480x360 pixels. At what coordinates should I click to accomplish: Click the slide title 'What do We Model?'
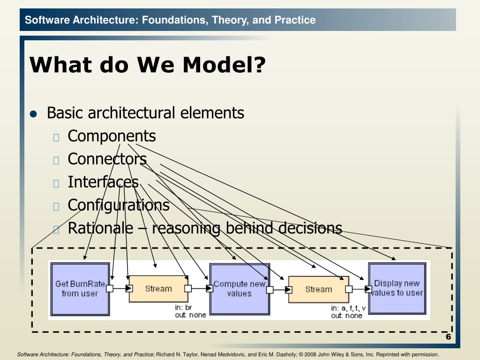tap(148, 65)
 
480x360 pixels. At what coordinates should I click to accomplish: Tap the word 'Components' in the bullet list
tap(112, 136)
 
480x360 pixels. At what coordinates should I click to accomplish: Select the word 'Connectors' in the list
tap(107, 159)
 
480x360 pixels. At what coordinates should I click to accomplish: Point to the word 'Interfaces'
tap(103, 182)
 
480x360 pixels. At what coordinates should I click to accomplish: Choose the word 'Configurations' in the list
tap(119, 205)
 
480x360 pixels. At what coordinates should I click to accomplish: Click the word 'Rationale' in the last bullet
tap(100, 228)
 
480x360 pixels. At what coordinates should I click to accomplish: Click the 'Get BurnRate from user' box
tap(80, 289)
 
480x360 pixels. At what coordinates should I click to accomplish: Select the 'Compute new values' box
tap(240, 289)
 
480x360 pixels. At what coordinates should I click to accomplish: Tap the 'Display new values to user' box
tap(397, 288)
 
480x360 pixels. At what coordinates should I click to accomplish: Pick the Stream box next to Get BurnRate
tap(158, 289)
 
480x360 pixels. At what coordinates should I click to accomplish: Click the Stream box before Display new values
tap(319, 289)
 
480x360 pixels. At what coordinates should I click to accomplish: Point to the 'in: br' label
tap(183, 307)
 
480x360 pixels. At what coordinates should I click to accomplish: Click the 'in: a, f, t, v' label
tap(348, 308)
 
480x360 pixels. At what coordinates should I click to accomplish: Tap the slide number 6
tap(448, 337)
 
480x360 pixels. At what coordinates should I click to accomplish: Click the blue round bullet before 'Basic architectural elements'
tap(33, 114)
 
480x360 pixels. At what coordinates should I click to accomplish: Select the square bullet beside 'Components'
tap(56, 137)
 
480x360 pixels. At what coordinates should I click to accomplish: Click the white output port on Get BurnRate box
tap(110, 288)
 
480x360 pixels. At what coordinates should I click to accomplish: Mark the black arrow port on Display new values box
tap(368, 289)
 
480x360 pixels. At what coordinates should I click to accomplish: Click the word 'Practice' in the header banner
tap(295, 20)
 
